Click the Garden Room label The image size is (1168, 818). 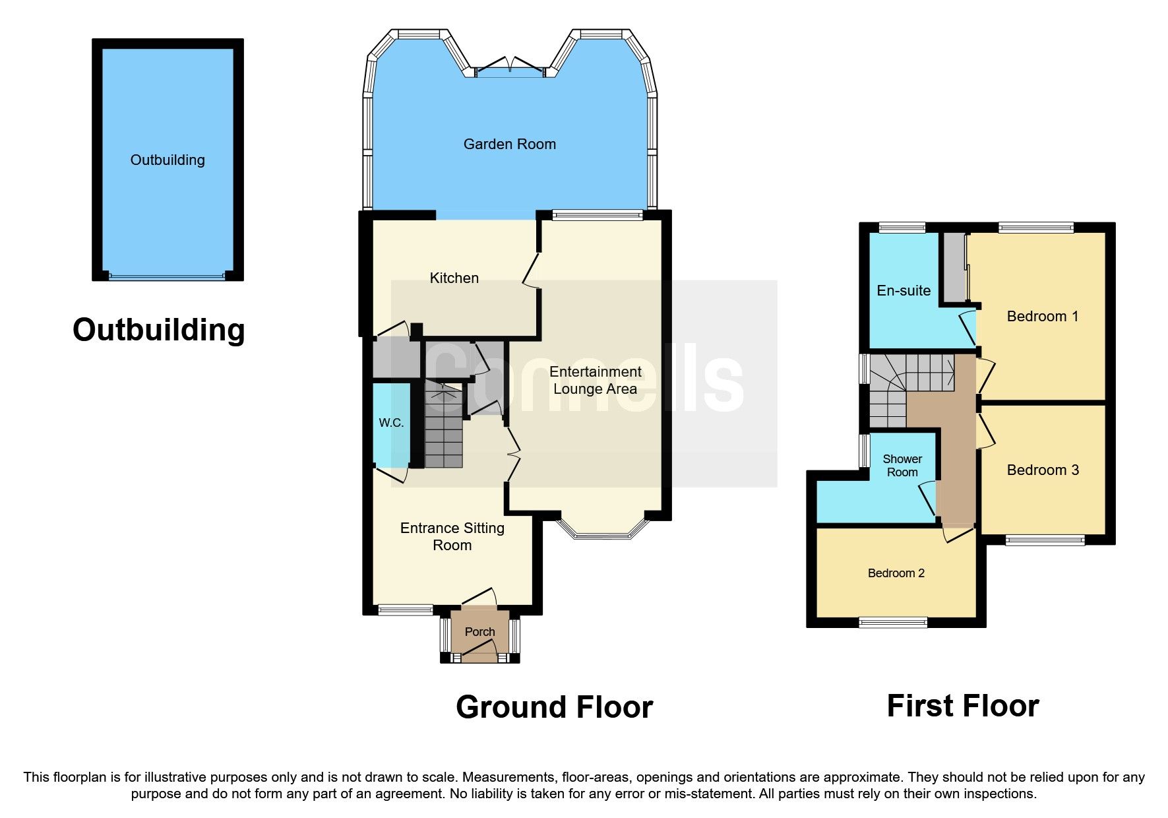(x=509, y=144)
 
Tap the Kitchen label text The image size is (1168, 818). (x=454, y=278)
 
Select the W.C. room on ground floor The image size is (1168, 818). (x=391, y=423)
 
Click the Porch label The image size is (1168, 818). (x=479, y=631)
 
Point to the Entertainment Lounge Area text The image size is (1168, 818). (x=595, y=380)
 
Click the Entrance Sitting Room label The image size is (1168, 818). (x=452, y=536)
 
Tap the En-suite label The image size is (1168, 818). (x=903, y=290)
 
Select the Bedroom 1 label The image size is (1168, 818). (x=1042, y=316)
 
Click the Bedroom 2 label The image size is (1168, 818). (x=896, y=573)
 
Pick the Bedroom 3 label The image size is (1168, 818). (x=1042, y=470)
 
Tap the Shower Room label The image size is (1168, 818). (x=902, y=465)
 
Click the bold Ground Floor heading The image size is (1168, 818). (x=554, y=707)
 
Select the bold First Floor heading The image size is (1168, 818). (x=962, y=706)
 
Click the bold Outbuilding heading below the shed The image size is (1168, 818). (x=158, y=330)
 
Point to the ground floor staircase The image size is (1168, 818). (x=443, y=429)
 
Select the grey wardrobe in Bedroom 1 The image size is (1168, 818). (x=952, y=267)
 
